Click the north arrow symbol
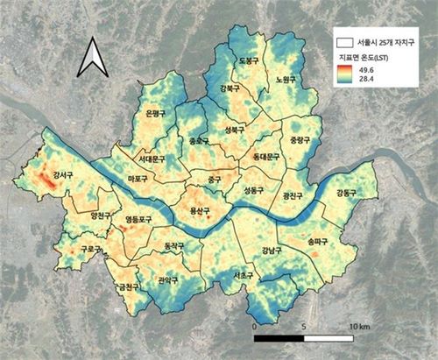[91, 59]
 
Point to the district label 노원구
[286, 78]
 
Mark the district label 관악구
[167, 281]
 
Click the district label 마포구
[137, 180]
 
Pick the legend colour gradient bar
[345, 74]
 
